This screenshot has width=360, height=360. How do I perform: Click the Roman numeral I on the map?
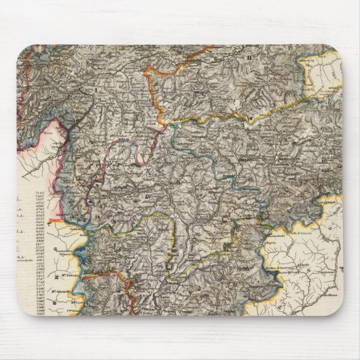(96, 88)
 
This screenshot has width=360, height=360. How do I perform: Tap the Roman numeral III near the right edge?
(333, 159)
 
